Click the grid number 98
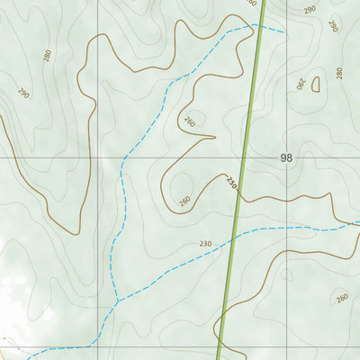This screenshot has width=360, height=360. (x=286, y=157)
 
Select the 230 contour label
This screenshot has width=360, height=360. (x=205, y=244)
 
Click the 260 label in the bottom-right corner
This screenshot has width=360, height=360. (x=341, y=298)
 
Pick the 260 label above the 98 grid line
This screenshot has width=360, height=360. (x=189, y=121)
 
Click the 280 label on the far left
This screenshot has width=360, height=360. (x=47, y=55)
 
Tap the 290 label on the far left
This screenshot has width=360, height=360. (x=23, y=93)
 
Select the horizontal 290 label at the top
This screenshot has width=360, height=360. (x=310, y=10)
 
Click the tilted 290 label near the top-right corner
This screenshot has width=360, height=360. (x=332, y=26)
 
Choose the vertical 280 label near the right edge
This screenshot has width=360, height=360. (x=339, y=73)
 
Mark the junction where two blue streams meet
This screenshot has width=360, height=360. (x=116, y=301)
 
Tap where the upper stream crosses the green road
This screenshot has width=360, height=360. (x=257, y=27)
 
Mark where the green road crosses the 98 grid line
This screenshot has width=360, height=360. (x=243, y=157)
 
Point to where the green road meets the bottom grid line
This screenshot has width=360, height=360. (x=219, y=346)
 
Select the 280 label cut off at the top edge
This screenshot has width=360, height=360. (x=251, y=3)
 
